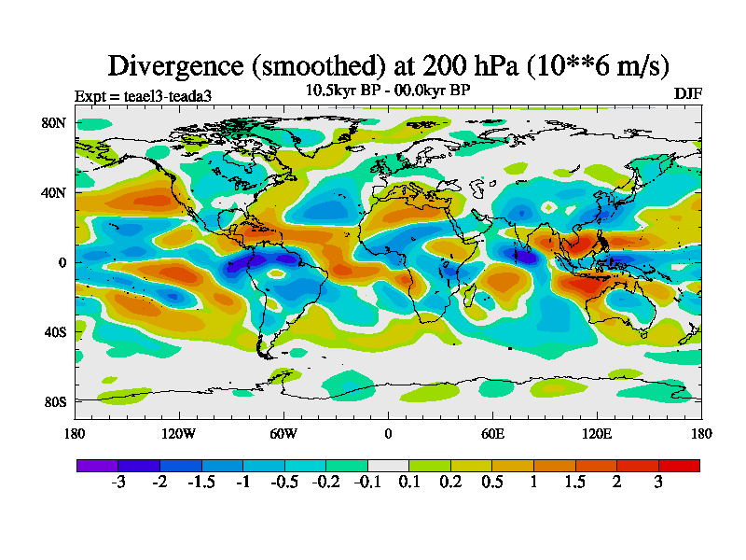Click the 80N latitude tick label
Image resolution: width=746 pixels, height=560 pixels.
click(52, 122)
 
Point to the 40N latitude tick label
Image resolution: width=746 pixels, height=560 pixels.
click(52, 192)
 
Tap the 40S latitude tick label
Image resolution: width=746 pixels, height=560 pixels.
click(52, 331)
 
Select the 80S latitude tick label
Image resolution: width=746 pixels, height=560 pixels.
click(52, 401)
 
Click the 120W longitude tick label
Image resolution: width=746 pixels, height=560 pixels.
click(178, 433)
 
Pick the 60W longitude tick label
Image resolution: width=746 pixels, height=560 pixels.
click(283, 433)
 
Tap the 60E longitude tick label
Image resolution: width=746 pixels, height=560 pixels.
click(492, 433)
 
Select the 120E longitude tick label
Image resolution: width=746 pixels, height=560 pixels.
click(597, 433)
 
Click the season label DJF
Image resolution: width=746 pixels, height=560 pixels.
click(687, 93)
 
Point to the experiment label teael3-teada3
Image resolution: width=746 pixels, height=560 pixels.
click(163, 95)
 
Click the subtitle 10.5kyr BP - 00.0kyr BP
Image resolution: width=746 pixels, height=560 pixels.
click(388, 91)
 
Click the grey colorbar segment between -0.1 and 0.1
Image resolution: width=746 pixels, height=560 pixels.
click(388, 465)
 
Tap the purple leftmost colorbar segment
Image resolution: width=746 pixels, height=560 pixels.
click(97, 465)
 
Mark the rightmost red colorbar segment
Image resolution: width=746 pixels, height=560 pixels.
click(679, 465)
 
